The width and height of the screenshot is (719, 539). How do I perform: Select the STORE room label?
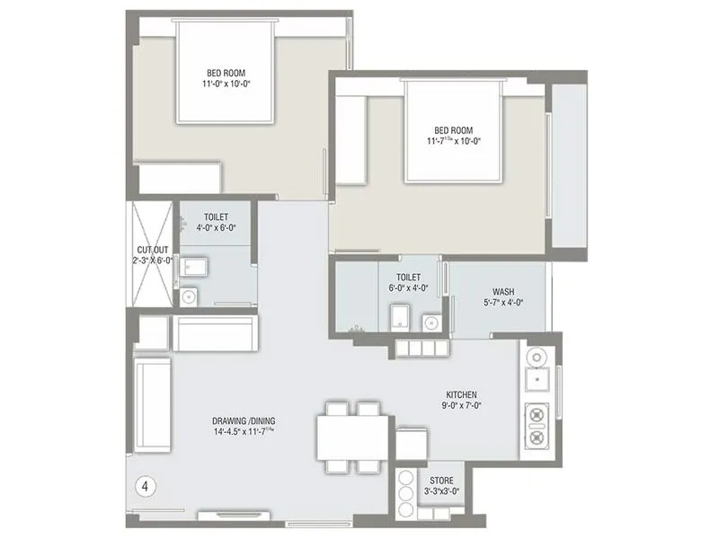coord(440,481)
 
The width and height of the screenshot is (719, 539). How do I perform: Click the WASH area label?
coord(503,291)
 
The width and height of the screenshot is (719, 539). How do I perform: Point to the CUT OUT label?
coord(147,249)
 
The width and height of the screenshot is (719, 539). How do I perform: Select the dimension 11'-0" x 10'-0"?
coord(225,84)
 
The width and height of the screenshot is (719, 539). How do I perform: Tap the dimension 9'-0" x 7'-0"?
coord(461,407)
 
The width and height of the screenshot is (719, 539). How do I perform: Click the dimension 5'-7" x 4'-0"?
coord(503,303)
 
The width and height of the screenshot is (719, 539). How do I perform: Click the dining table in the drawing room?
coord(352,438)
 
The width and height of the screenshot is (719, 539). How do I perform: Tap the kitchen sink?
coord(538,381)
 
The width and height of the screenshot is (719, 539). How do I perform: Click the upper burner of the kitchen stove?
coord(537,416)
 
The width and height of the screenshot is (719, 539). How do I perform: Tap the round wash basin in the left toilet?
coord(189,295)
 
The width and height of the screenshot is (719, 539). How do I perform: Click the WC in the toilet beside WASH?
coord(400,318)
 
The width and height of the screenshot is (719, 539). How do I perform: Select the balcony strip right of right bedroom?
coord(568,166)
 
